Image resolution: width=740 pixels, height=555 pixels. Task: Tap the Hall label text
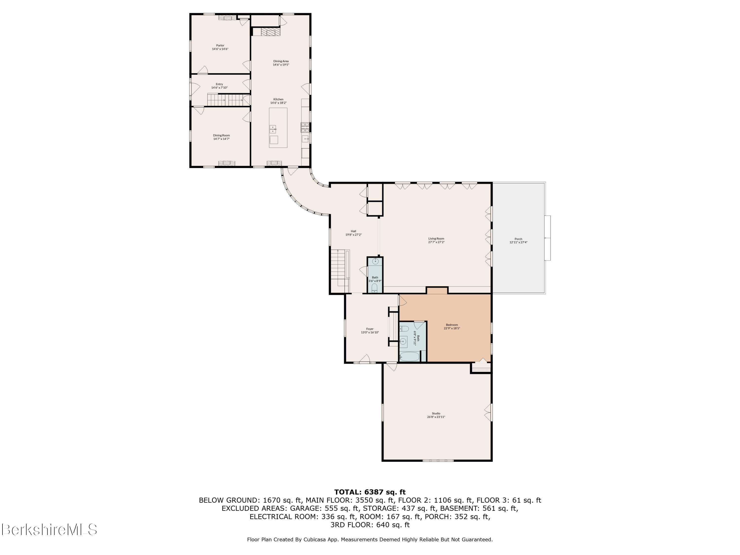[353, 231]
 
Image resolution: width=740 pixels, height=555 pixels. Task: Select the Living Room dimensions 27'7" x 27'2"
[436, 242]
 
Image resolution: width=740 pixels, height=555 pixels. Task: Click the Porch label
[518, 239]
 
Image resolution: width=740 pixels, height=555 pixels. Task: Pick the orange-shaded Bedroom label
[452, 325]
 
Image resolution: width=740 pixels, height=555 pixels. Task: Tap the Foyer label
[370, 329]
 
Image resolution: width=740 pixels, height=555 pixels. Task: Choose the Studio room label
[436, 413]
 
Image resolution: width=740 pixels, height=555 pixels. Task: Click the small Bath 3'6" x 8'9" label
[375, 279]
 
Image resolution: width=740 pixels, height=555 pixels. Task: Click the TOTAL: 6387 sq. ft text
[370, 492]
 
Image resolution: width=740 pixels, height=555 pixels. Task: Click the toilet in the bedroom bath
[403, 328]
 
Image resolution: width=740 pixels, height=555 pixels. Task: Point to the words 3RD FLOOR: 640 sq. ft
[370, 525]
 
